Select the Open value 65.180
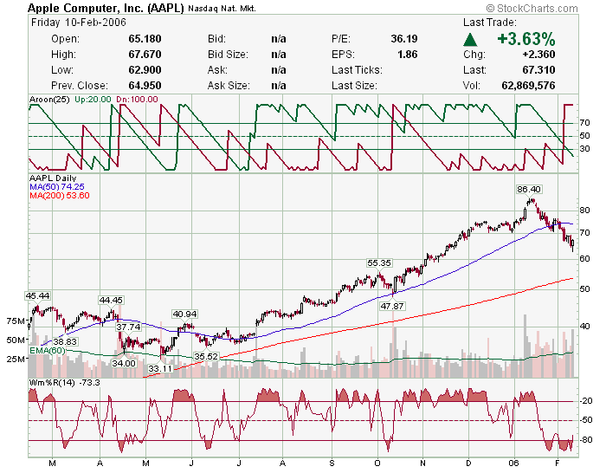tap(143, 39)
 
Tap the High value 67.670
tap(143, 55)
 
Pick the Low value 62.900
tap(143, 70)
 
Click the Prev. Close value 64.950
tap(143, 86)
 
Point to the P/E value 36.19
tap(403, 39)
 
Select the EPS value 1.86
tap(407, 55)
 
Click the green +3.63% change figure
tap(525, 40)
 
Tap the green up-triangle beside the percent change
tap(470, 40)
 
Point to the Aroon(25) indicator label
tap(48, 100)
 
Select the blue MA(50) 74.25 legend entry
tap(56, 186)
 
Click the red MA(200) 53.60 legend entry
tap(59, 195)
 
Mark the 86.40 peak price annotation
tap(529, 189)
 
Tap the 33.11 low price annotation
tap(160, 368)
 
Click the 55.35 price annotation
tap(379, 262)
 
